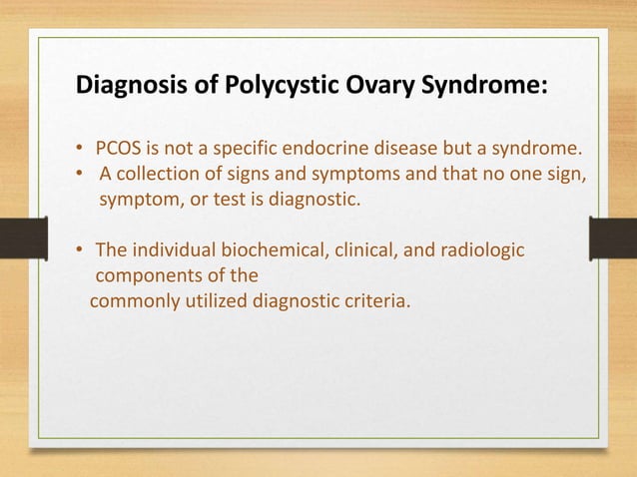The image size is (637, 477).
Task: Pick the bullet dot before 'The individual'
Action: (81, 249)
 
